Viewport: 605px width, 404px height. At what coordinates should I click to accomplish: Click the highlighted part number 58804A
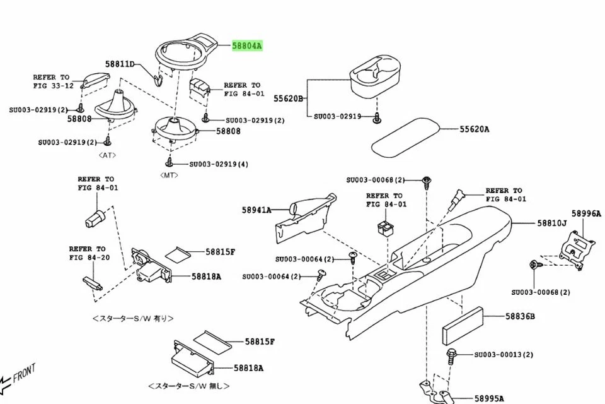click(x=247, y=46)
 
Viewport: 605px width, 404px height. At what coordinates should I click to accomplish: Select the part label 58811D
click(x=120, y=64)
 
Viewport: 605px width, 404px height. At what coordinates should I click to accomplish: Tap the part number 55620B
click(x=288, y=98)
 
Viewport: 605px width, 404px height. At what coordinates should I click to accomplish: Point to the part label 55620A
click(x=474, y=129)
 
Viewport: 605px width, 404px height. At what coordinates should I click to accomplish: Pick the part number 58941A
click(x=256, y=210)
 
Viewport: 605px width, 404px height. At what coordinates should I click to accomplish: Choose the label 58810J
click(x=552, y=223)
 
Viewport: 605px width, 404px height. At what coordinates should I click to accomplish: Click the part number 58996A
click(x=586, y=214)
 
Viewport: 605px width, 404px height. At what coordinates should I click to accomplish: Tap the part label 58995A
click(x=489, y=398)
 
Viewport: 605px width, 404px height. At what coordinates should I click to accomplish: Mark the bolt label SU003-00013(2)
click(x=504, y=355)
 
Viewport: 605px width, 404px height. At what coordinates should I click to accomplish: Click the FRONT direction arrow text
click(x=24, y=372)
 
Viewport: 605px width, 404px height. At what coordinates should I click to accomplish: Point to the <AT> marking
click(x=107, y=155)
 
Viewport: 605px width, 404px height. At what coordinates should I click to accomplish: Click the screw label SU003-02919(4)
click(x=219, y=164)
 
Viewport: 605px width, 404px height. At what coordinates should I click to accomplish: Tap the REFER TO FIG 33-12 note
click(x=54, y=81)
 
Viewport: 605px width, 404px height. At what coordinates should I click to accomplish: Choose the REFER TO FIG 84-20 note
click(x=87, y=253)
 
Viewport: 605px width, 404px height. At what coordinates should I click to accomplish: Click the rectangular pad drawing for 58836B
click(x=463, y=324)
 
